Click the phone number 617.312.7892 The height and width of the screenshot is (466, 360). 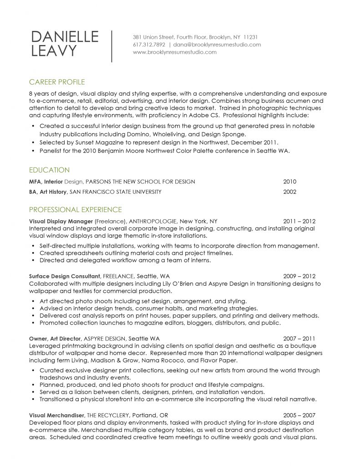[149, 45]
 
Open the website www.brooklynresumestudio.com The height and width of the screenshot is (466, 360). [175, 52]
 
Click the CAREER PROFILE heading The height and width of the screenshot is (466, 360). [57, 82]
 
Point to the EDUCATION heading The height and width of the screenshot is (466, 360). [49, 170]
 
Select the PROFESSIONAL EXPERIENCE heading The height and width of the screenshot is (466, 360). [75, 210]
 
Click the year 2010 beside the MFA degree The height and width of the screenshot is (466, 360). [289, 182]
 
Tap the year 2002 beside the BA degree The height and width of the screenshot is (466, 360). [289, 192]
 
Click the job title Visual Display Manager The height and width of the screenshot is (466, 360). [61, 221]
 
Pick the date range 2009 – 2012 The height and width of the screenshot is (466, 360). [299, 276]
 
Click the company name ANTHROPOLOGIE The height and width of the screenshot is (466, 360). [153, 221]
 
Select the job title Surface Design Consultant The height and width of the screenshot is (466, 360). [65, 276]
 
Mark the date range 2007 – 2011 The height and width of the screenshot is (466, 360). [299, 339]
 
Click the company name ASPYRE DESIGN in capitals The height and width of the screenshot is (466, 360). [106, 339]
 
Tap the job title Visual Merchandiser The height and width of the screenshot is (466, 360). [56, 415]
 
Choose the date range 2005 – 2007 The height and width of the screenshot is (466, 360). [299, 415]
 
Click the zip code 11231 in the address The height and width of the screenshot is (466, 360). [251, 37]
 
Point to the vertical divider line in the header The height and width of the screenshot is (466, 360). [112, 46]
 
